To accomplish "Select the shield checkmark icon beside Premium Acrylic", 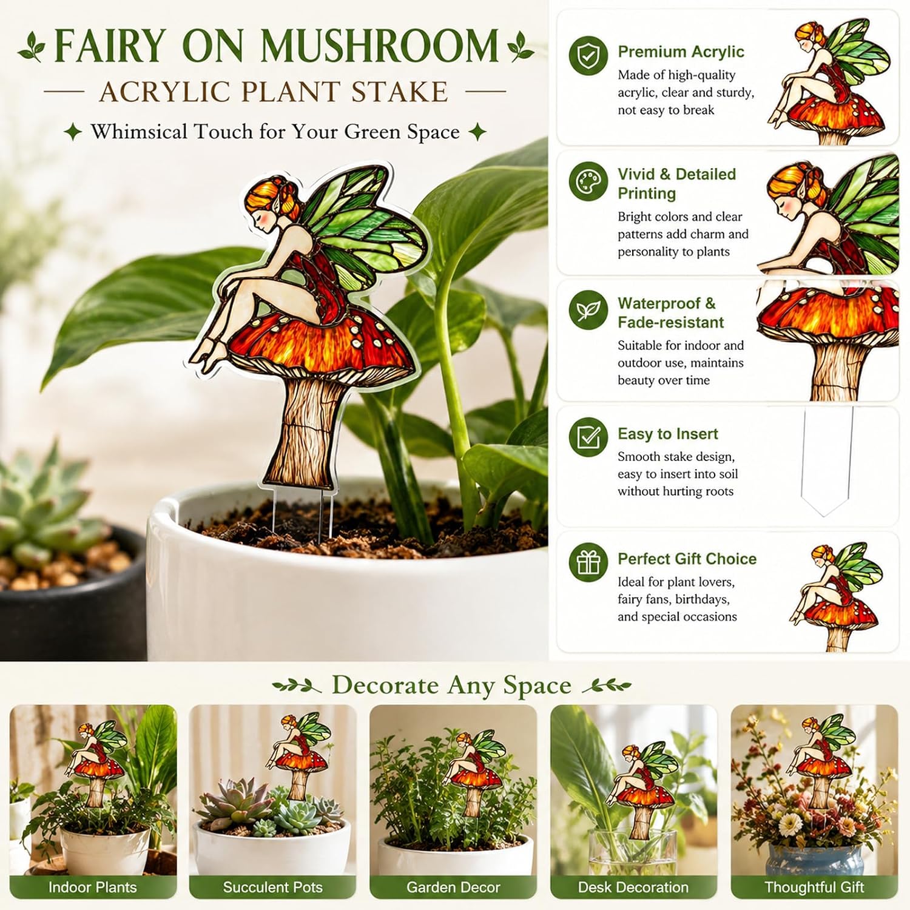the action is click(x=588, y=55).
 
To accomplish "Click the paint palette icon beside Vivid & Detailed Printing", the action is click(x=588, y=181).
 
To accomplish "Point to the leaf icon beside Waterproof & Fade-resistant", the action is click(x=588, y=310).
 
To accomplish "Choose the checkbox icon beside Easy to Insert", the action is click(x=588, y=437).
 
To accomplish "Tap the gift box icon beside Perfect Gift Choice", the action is click(x=588, y=562).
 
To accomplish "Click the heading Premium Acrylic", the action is click(x=681, y=52).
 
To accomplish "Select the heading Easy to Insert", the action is click(x=667, y=434).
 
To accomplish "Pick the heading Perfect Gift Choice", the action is click(x=687, y=559).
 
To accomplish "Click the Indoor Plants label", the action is click(x=92, y=887).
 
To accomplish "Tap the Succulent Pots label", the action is click(x=272, y=887).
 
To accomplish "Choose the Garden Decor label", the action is click(x=453, y=887).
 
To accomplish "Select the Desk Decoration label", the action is click(x=633, y=887).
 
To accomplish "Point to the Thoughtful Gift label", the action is click(x=814, y=887).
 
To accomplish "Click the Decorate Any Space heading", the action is click(x=451, y=686).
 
